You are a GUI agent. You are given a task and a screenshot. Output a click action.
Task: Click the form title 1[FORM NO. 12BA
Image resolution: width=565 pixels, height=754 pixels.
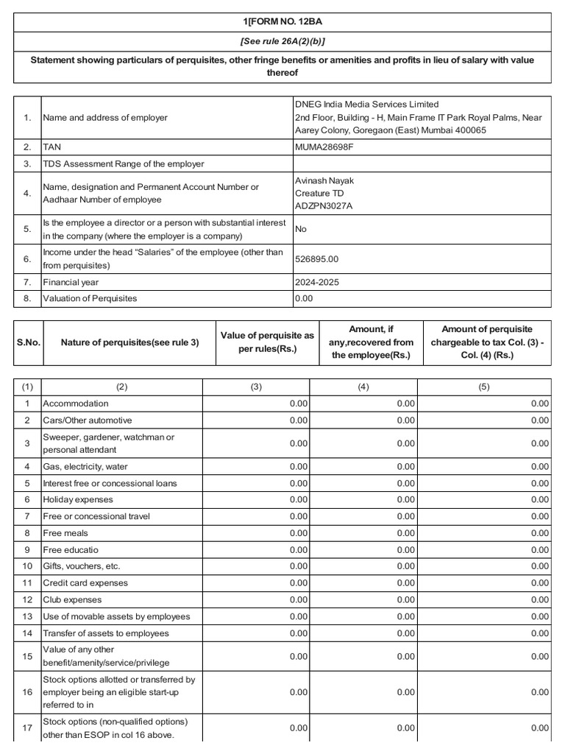pyautogui.click(x=282, y=22)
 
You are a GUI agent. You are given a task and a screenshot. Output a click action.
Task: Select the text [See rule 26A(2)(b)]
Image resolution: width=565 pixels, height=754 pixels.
pyautogui.click(x=282, y=41)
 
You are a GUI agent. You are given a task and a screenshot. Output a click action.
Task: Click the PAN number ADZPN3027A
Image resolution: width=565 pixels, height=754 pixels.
pyautogui.click(x=324, y=205)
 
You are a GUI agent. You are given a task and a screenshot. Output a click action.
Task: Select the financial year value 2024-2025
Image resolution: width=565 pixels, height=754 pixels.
pyautogui.click(x=317, y=282)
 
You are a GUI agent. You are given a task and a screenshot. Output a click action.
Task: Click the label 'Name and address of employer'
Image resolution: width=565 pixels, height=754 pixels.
pyautogui.click(x=105, y=117)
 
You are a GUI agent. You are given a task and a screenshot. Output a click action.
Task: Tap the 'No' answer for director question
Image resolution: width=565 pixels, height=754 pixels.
pyautogui.click(x=300, y=229)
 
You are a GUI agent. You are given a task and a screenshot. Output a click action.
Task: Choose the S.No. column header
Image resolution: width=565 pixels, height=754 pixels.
pyautogui.click(x=28, y=342)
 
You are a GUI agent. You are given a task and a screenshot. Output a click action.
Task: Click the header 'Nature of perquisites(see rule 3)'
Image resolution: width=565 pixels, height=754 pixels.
pyautogui.click(x=129, y=342)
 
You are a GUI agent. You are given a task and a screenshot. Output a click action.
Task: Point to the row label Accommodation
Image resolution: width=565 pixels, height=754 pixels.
pyautogui.click(x=76, y=404)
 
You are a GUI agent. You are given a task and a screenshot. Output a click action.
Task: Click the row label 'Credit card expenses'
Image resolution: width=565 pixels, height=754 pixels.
pyautogui.click(x=85, y=583)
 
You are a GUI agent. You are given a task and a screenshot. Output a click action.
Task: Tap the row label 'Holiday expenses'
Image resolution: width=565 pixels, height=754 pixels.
pyautogui.click(x=78, y=500)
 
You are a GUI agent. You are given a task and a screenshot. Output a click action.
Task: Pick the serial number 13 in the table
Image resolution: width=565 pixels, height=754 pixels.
pyautogui.click(x=27, y=616)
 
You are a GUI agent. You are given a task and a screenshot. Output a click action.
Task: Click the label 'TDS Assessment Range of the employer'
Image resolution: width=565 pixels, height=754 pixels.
pyautogui.click(x=124, y=163)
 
